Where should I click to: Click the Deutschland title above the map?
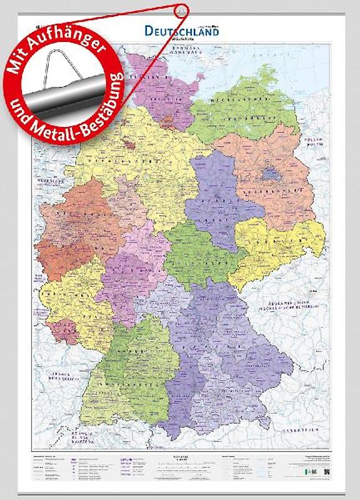[x=182, y=30]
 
